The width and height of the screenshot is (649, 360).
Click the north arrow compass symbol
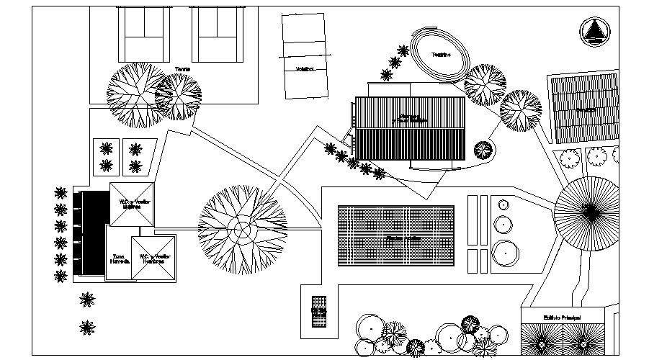594,32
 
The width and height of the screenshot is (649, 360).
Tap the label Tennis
182,70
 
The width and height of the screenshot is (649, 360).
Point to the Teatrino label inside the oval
441,55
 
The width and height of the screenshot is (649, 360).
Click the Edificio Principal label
562,317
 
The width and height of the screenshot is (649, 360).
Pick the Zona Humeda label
119,258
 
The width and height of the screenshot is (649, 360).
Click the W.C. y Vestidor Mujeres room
131,203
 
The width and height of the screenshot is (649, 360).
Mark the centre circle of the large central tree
242,230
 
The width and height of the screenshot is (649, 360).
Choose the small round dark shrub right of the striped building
482,150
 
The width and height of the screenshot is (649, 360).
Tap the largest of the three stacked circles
506,252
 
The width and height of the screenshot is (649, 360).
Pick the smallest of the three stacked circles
502,205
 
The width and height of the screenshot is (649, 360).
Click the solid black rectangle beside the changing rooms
92,232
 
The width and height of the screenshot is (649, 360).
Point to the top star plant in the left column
61,193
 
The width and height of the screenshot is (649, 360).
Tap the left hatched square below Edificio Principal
540,339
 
